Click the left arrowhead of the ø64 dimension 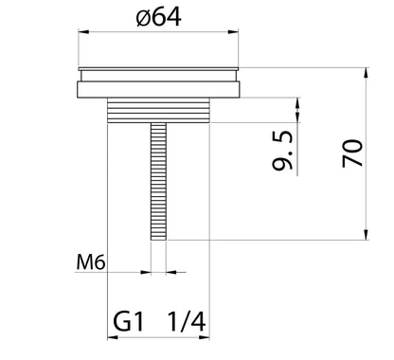[x=81, y=32]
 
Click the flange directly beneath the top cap [x=158, y=90]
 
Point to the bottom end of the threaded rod [x=158, y=238]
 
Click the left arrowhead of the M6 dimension [x=145, y=271]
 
